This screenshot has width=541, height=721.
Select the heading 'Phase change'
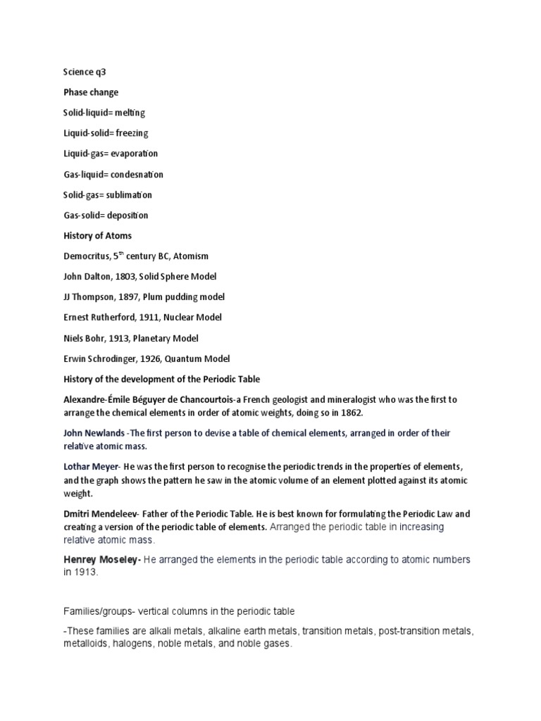[91, 92]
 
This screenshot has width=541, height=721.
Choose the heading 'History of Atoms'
[97, 236]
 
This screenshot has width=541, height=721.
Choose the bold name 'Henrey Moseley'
[101, 560]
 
